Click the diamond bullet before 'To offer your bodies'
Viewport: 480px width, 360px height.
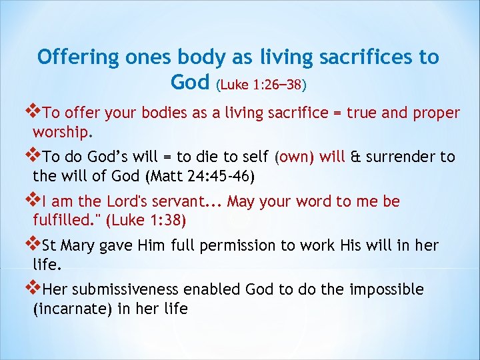29,112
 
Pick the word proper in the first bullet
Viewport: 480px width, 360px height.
435,113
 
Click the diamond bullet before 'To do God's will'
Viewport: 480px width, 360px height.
29,156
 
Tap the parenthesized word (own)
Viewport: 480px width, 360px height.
295,157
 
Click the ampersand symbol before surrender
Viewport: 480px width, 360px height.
355,157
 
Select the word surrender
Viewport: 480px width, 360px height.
399,157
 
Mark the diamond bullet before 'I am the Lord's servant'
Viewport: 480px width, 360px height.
29,200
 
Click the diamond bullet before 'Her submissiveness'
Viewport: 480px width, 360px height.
29,289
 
